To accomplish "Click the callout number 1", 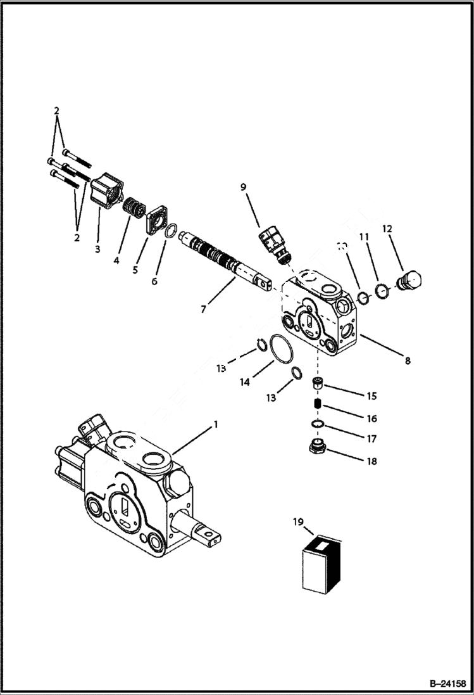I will pyautogui.click(x=215, y=424).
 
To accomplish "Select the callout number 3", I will pyautogui.click(x=97, y=249).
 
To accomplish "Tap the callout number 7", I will pyautogui.click(x=203, y=309).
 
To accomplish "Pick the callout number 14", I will pyautogui.click(x=244, y=382).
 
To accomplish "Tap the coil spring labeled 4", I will pyautogui.click(x=133, y=207).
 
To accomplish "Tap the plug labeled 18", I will pyautogui.click(x=318, y=448).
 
